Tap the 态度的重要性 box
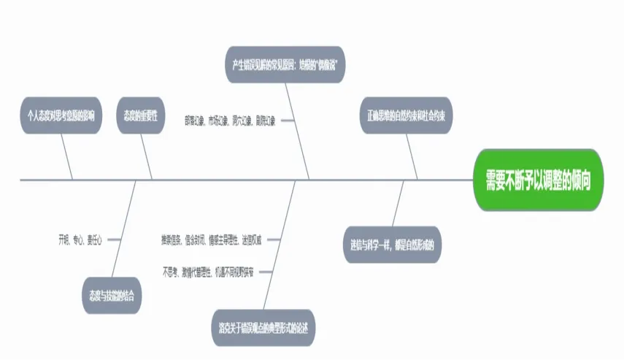coord(142,115)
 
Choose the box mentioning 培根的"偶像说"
coord(283,65)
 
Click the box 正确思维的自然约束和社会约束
coord(407,115)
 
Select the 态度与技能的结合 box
coord(112,296)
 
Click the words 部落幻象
coord(195,120)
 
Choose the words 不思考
coord(171,272)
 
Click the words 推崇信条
coord(172,239)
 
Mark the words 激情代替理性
coord(197,272)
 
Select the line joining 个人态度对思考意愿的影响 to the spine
coord(67,157)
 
